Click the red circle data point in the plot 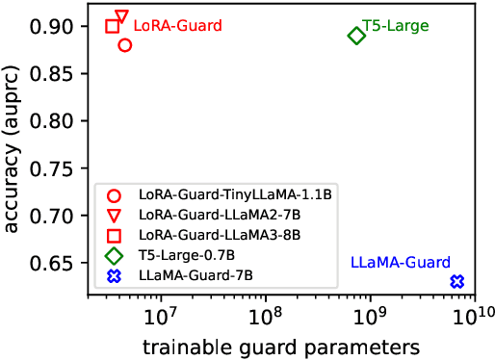tap(125, 45)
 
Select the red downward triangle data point tap(121, 17)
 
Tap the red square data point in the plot tap(113, 26)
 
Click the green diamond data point tap(356, 36)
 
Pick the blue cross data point tap(457, 281)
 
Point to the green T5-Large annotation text tap(396, 24)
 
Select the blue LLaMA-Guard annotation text tap(400, 262)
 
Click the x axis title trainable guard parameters tap(279, 344)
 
